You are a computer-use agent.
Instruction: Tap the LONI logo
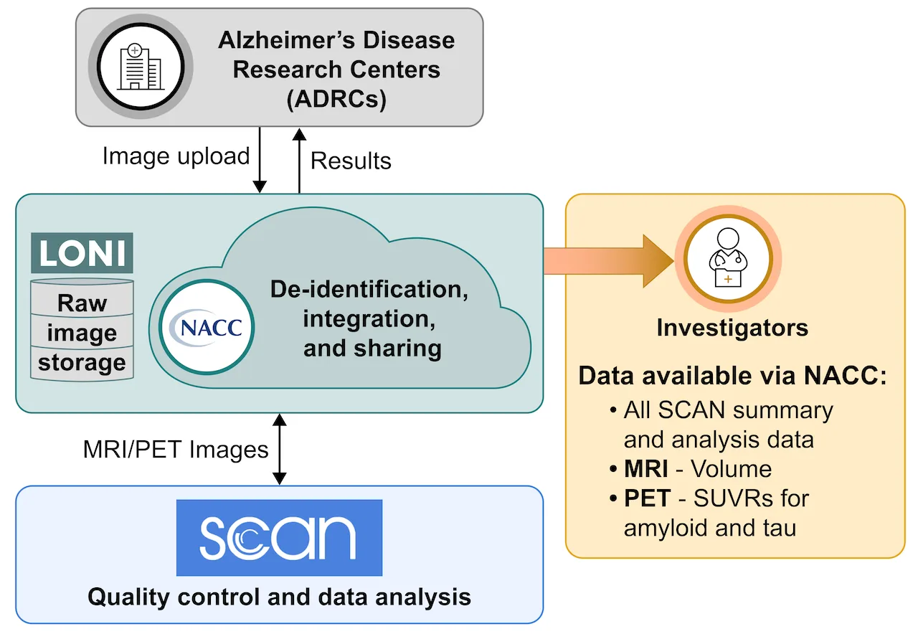[82, 253]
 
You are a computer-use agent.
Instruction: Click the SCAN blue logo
[279, 538]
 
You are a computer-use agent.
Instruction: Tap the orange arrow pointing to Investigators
[610, 259]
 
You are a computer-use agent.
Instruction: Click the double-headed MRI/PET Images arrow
[279, 449]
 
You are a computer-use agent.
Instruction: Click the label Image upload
[176, 156]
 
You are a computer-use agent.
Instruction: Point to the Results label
[351, 161]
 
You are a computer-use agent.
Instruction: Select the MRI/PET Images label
[176, 450]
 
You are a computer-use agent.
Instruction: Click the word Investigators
[732, 328]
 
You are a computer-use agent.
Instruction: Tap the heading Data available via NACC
[732, 376]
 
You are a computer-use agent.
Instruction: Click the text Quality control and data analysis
[279, 597]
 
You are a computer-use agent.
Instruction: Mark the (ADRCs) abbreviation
[336, 99]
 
